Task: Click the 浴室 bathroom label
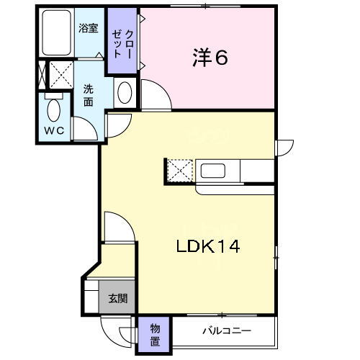(89, 28)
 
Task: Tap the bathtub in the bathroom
(56, 32)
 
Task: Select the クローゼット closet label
(122, 44)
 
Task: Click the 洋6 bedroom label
(210, 58)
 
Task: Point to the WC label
(54, 130)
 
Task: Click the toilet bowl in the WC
(54, 111)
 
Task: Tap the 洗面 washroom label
(89, 96)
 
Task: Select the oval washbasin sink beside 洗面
(125, 93)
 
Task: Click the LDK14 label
(208, 246)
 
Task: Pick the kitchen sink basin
(213, 171)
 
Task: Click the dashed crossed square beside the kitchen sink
(180, 171)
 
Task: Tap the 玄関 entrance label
(117, 298)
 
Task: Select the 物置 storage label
(155, 335)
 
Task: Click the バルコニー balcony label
(227, 331)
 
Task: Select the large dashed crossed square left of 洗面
(61, 74)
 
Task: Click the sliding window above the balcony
(222, 315)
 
